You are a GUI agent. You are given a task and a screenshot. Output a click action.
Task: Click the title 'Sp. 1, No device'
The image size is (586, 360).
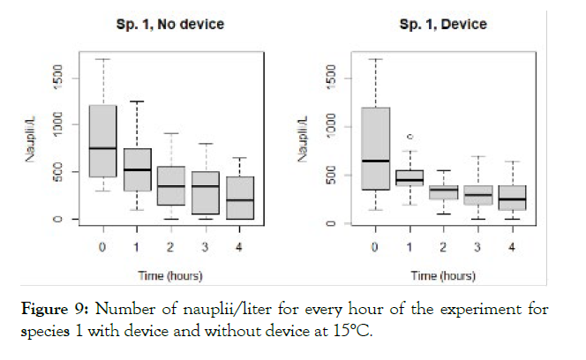171,24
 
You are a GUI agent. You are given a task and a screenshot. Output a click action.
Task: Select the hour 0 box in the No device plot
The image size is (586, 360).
103,141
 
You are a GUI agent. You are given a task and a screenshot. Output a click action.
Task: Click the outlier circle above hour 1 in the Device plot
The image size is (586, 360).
410,137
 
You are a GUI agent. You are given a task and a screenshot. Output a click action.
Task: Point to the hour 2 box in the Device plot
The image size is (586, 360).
444,192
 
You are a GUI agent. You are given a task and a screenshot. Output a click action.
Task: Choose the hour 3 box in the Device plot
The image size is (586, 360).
478,196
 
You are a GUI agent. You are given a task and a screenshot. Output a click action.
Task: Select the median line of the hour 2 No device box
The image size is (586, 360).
171,186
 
